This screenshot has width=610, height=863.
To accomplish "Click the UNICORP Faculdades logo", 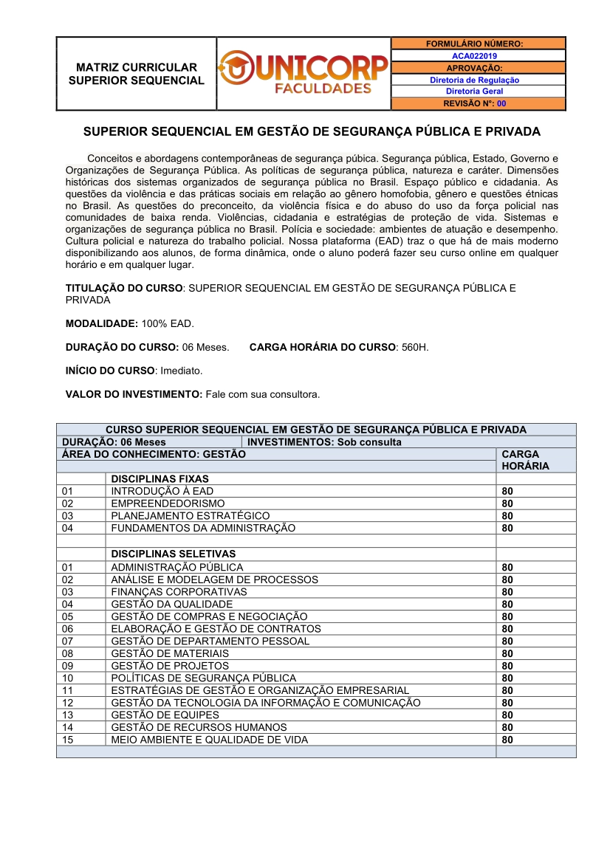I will point(304,74).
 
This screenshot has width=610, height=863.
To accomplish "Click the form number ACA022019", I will point(474,55).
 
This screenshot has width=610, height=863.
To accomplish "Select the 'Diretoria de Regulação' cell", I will point(474,80).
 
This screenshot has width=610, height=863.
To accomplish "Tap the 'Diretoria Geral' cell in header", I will point(474,92).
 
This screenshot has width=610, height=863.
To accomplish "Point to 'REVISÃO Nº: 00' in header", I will point(474,104).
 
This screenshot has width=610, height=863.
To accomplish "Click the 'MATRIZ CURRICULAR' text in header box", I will point(137,67).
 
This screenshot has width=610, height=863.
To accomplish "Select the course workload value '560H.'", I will point(415,347).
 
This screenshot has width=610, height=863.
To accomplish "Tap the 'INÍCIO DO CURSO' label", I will point(110,370).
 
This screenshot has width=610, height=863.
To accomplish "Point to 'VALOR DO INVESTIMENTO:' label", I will point(134,394).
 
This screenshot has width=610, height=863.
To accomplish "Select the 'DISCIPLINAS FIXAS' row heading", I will point(160,478).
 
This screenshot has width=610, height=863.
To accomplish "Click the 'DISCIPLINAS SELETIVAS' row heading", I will point(173,554).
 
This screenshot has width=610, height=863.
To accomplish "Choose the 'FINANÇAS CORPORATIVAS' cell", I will point(179,592).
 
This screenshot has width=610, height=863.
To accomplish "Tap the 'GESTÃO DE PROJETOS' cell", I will point(170,666).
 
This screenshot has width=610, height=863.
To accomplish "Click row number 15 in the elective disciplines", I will point(68,740).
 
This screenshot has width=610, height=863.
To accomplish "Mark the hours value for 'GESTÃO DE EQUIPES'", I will point(507,715).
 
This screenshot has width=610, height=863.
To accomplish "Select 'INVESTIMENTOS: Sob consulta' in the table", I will point(324,442).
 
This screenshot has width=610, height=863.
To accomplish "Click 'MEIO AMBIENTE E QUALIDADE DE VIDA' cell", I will point(209,740).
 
